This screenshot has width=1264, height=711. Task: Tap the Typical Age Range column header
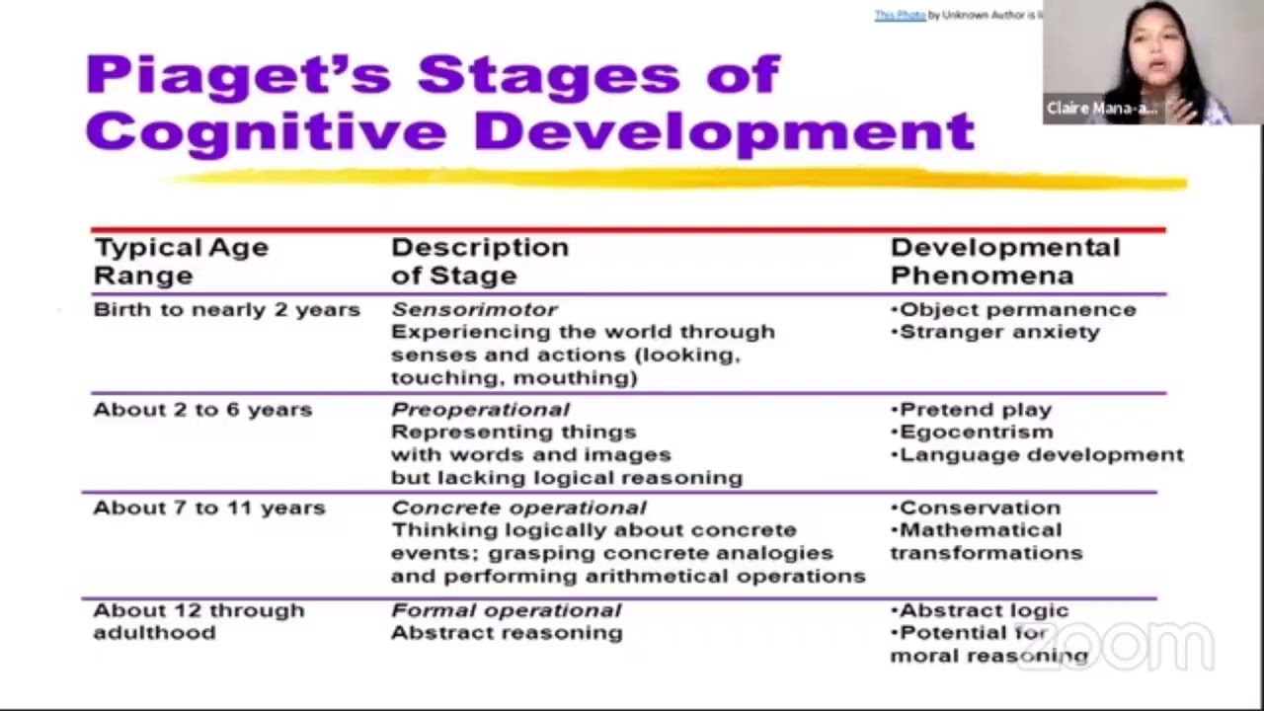coord(181,261)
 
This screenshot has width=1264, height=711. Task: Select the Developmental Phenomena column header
coord(1004,261)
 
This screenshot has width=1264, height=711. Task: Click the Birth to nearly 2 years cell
coord(226,310)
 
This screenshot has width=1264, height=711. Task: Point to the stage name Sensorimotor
coord(474,310)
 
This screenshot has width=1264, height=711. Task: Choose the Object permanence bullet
coord(1017,310)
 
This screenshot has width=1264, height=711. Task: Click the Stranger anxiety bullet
coord(998,332)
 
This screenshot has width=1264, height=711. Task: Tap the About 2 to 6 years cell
coord(202,410)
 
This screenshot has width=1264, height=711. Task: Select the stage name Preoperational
coord(480,410)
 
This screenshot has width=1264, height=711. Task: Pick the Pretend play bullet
coord(976,410)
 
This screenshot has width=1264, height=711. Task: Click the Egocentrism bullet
coord(976,432)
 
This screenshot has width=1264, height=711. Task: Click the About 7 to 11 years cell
coord(208,508)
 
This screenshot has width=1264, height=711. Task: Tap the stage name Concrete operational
coord(518,508)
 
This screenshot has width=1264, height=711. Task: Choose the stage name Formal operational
coord(506,610)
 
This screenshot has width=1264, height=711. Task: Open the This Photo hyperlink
coord(900,15)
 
